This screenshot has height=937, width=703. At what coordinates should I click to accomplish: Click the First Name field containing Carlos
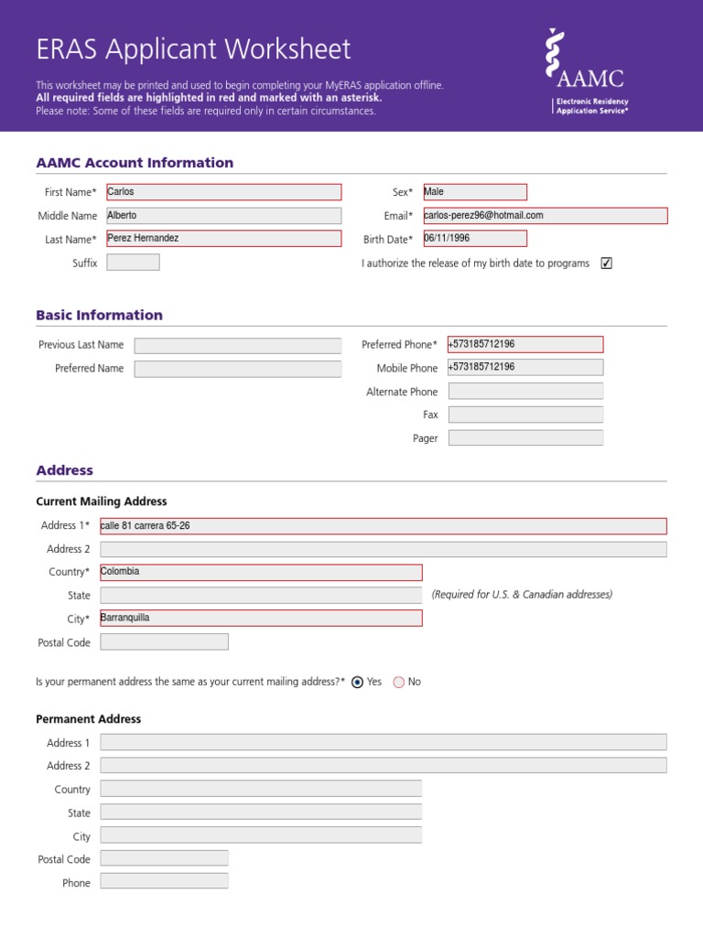point(223,192)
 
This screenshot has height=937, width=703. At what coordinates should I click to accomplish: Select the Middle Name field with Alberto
point(223,216)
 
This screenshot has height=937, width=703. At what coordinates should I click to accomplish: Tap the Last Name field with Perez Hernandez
point(223,239)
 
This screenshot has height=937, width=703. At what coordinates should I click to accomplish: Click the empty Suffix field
point(133,263)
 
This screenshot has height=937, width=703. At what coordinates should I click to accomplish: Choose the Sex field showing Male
point(474,192)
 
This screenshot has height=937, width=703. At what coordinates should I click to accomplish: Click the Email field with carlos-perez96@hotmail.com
point(545,216)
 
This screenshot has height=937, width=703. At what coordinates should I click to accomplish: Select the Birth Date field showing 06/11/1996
point(474,239)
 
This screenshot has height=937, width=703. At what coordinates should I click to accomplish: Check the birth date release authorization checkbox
point(606,264)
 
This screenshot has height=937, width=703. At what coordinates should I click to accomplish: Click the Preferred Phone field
point(525,345)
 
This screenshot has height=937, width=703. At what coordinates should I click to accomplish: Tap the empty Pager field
point(525,438)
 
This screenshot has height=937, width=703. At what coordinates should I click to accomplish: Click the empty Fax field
point(525,415)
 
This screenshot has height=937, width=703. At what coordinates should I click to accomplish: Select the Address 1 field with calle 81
point(383,526)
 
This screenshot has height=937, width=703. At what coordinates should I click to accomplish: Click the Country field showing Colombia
point(261,573)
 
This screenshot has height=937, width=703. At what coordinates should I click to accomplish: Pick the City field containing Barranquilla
point(261,619)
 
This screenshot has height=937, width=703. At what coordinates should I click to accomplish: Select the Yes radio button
point(358,683)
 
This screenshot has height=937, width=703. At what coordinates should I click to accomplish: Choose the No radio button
point(398,683)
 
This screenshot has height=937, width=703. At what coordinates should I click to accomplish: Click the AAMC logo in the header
point(587,70)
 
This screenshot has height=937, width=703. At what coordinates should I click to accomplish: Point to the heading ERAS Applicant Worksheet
point(193,48)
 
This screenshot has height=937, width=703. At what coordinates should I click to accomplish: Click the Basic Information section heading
point(99,316)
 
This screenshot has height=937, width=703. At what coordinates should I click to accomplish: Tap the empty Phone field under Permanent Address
point(164,882)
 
